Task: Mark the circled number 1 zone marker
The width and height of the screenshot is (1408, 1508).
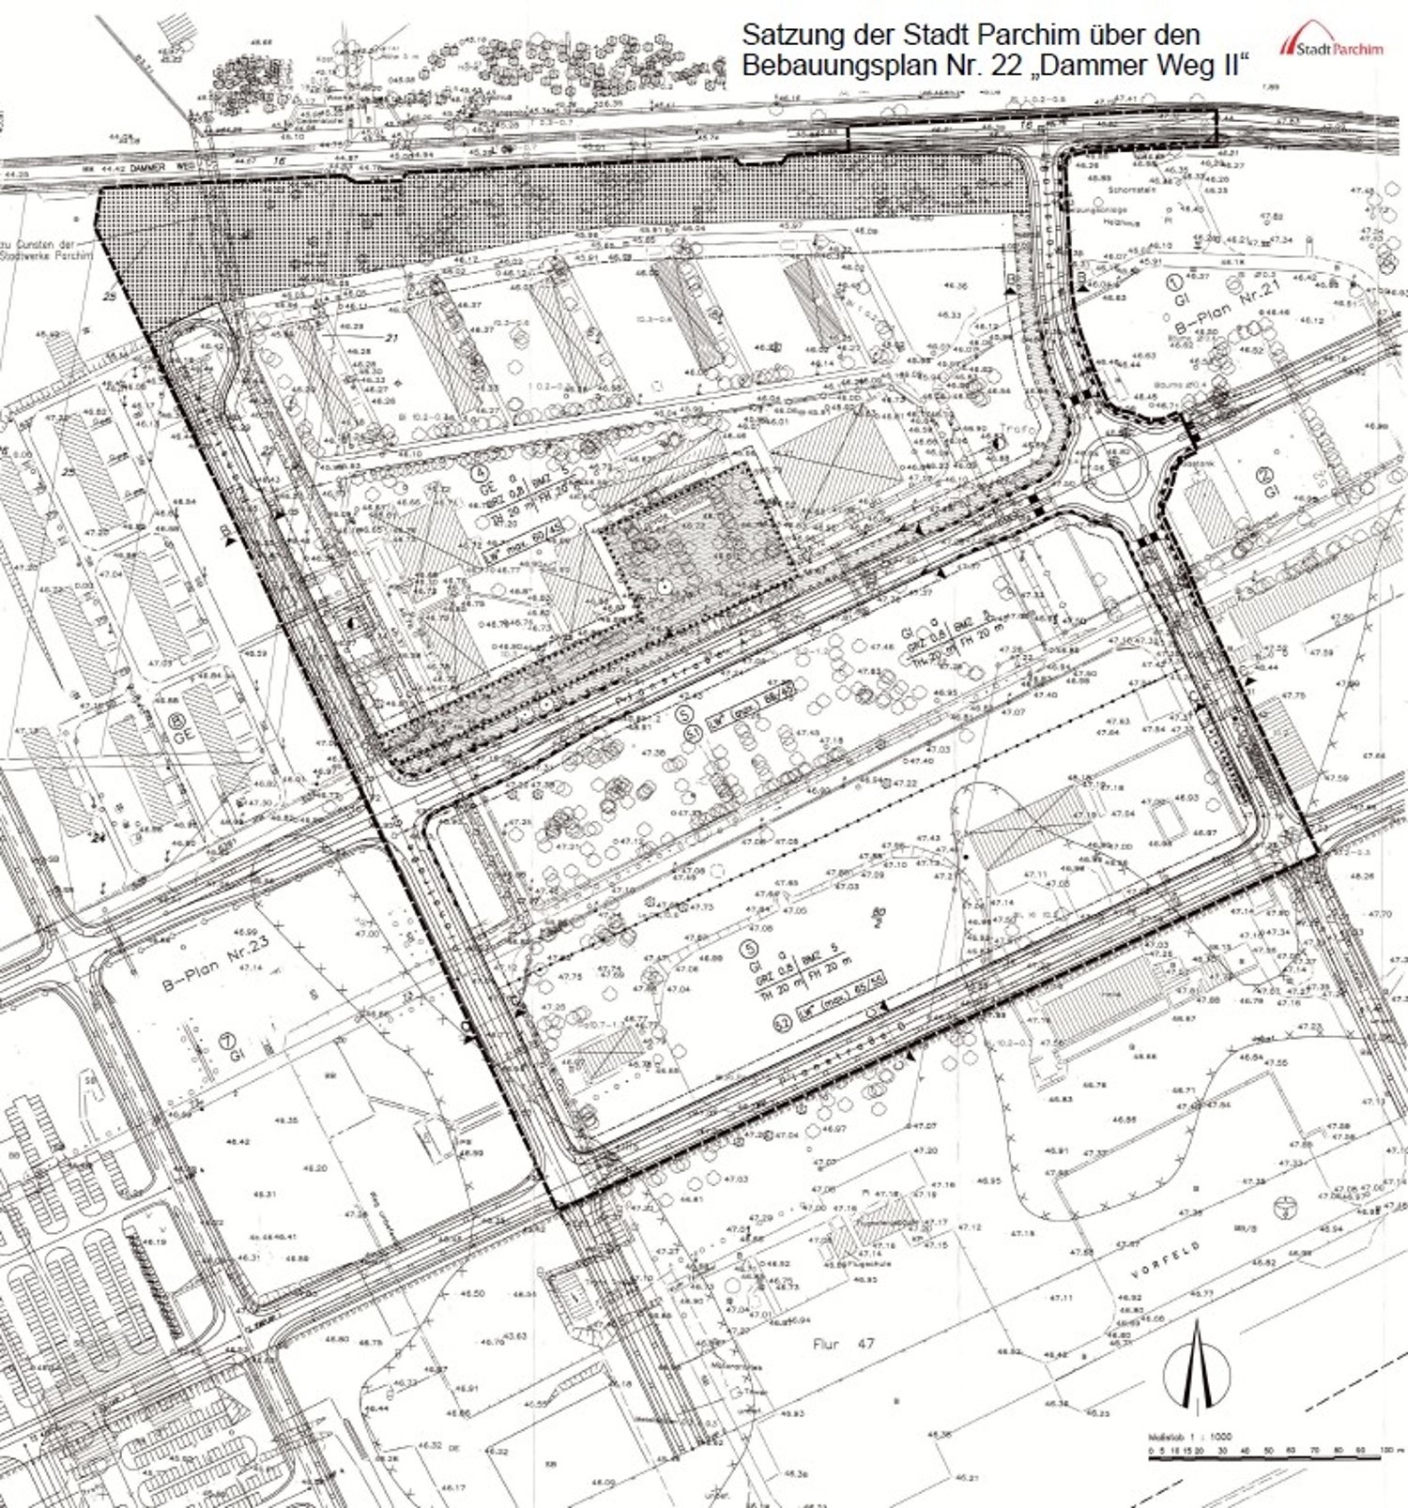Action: (x=1172, y=281)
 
